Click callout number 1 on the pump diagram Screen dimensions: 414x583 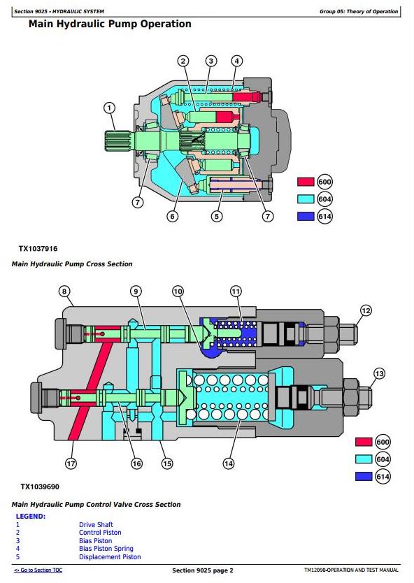[x=109, y=108]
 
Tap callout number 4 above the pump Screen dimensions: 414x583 [x=236, y=61]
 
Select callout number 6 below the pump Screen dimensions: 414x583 [x=172, y=216]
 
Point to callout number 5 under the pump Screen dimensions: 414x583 [x=217, y=216]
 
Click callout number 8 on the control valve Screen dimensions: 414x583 [x=64, y=291]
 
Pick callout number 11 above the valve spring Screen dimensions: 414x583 [x=236, y=291]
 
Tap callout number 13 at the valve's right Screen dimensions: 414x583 [x=379, y=374]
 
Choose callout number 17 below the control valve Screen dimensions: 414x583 [x=71, y=463]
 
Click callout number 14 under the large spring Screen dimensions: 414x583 [x=229, y=463]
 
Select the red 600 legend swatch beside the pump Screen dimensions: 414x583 [x=306, y=182]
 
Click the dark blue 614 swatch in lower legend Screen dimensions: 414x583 [x=364, y=476]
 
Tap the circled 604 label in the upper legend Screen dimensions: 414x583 [x=324, y=199]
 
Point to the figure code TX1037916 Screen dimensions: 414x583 [x=38, y=249]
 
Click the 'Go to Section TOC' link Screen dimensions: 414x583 [x=38, y=570]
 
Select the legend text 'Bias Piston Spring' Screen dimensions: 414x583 [x=106, y=549]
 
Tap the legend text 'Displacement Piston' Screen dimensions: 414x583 [x=110, y=557]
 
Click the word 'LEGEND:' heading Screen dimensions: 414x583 [x=31, y=517]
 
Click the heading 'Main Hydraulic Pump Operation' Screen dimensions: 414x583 [x=110, y=24]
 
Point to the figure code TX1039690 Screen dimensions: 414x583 [x=40, y=487]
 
